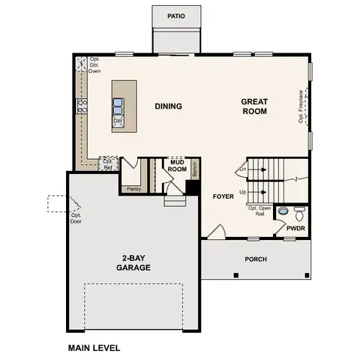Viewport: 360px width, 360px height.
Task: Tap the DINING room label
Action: pos(169,106)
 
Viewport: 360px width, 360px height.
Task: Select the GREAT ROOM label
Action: pos(254,106)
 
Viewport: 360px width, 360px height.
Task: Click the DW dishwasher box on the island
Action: pos(118,120)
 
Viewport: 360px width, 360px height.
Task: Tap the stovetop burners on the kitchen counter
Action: pos(82,106)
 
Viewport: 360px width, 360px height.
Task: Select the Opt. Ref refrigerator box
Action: pos(109,163)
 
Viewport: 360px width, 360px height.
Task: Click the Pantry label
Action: pos(134,188)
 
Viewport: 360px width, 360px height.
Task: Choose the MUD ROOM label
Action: pos(178,165)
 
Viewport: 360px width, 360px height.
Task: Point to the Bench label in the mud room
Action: pos(193,170)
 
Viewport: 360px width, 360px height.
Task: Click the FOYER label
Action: pos(223,196)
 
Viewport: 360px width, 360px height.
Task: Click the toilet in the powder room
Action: pos(299,212)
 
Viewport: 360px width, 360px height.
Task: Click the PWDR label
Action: pos(294,229)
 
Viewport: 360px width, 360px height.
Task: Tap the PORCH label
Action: pos(255,259)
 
